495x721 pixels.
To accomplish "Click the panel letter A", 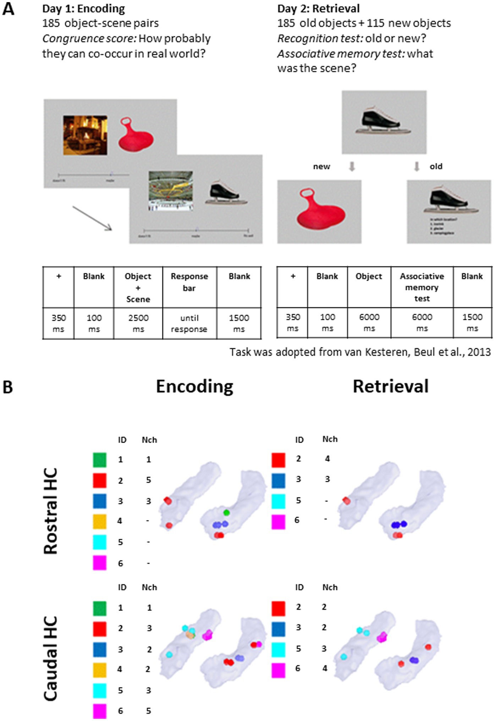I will (8, 9).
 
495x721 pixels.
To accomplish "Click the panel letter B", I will (8, 387).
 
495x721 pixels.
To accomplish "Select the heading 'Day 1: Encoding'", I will (83, 9).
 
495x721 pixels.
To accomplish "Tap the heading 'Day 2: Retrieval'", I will (318, 9).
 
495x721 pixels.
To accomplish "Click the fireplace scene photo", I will (85, 135).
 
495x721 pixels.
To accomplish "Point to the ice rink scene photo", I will (171, 191).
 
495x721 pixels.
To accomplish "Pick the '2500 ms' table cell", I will (138, 323).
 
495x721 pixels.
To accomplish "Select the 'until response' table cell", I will (189, 323).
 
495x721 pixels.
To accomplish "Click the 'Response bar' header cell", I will (189, 282).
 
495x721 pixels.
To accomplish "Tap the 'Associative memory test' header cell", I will (422, 287).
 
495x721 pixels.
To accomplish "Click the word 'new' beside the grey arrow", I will (321, 166).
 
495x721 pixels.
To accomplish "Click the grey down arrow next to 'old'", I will (417, 166).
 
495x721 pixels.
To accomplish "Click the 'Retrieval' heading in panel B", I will (390, 386).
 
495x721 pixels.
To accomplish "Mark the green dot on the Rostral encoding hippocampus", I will (226, 512).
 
